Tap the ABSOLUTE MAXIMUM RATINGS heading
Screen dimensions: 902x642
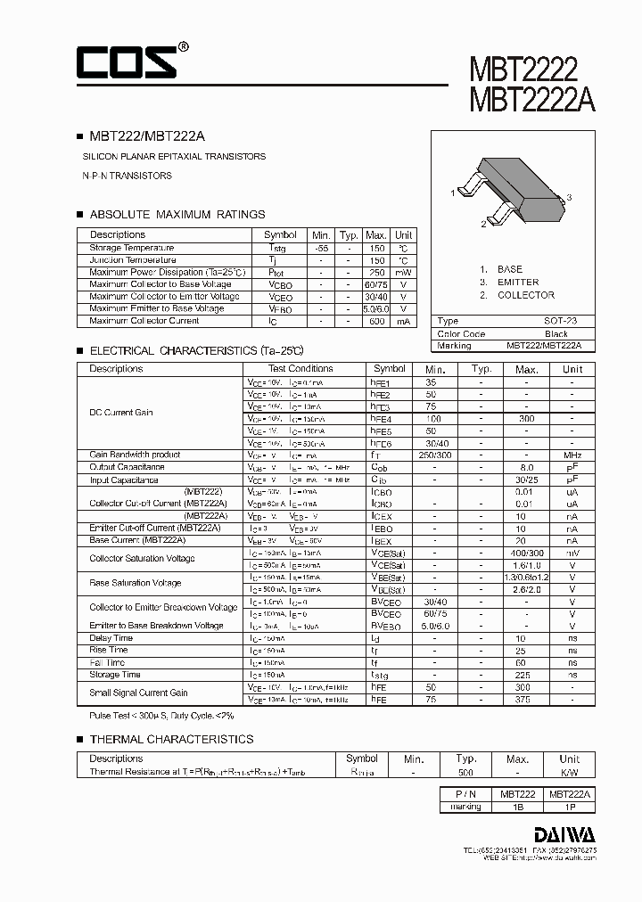pyautogui.click(x=177, y=214)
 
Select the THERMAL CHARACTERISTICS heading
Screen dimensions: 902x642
pyautogui.click(x=171, y=739)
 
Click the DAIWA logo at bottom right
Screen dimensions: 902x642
pyautogui.click(x=565, y=833)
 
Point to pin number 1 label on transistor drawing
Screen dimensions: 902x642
pyautogui.click(x=453, y=193)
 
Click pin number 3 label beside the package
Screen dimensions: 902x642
pyautogui.click(x=569, y=197)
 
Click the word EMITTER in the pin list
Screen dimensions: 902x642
pyautogui.click(x=518, y=282)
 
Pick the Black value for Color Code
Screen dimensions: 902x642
pyautogui.click(x=556, y=333)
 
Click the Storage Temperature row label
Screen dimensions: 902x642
pyautogui.click(x=132, y=248)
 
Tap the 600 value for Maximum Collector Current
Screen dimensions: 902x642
pyautogui.click(x=375, y=321)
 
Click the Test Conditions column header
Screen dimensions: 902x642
pyautogui.click(x=300, y=368)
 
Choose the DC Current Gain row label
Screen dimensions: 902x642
pyautogui.click(x=120, y=413)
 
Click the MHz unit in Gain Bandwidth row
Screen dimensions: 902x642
pyautogui.click(x=572, y=455)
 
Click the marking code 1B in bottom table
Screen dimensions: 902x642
pyautogui.click(x=517, y=806)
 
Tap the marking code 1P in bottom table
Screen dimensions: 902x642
pyautogui.click(x=569, y=806)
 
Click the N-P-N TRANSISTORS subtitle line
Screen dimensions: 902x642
pyautogui.click(x=127, y=176)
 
